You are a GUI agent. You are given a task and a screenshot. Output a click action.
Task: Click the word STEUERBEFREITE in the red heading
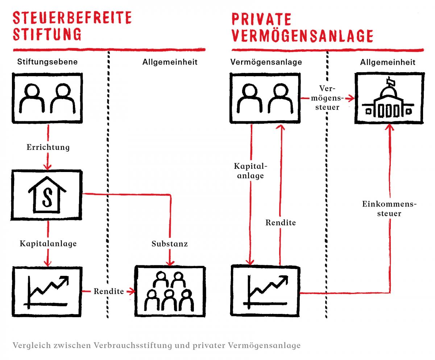click(72, 18)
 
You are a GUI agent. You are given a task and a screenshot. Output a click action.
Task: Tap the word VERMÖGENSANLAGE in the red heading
click(302, 36)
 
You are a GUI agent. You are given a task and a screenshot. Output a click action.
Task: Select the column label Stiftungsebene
click(47, 62)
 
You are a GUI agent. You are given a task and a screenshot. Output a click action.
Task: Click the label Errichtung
click(48, 147)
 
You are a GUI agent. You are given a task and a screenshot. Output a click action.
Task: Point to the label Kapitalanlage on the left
click(48, 244)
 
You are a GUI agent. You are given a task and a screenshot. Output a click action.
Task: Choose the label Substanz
click(170, 244)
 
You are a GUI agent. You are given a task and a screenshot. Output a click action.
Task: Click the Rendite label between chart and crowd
click(109, 291)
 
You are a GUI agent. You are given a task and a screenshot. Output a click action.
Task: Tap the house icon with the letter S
click(47, 195)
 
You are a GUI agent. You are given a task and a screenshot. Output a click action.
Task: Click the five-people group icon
click(170, 291)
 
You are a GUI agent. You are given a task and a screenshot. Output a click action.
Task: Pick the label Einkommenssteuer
click(389, 209)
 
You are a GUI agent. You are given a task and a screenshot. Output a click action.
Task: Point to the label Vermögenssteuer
click(327, 98)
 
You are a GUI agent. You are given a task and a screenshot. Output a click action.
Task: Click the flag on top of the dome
click(390, 81)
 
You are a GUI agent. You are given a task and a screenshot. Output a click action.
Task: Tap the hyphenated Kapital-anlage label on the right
click(250, 171)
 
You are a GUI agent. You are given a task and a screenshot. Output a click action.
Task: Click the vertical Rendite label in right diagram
click(281, 222)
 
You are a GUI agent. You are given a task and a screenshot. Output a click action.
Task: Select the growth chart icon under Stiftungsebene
click(47, 291)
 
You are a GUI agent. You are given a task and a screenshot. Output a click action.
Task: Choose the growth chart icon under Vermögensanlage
click(265, 291)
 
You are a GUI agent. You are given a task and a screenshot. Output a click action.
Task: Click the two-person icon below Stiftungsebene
click(47, 98)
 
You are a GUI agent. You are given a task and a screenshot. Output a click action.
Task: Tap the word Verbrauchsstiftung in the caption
click(133, 345)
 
